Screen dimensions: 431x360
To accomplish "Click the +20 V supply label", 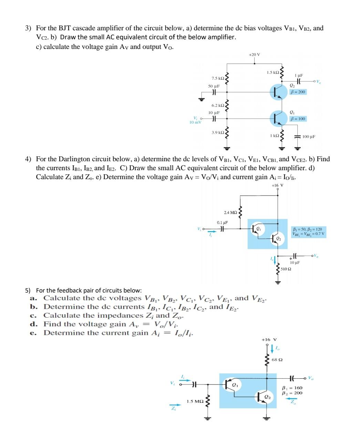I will coord(254,54).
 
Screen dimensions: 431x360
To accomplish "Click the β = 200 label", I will coord(298,92).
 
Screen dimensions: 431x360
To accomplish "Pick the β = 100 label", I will coord(298,119).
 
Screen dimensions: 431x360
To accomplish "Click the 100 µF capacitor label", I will coord(309,137).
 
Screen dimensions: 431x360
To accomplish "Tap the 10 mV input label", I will coord(195,122).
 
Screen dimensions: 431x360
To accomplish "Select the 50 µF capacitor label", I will coord(214,86).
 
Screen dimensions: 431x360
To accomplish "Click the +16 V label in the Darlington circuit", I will coord(277,185).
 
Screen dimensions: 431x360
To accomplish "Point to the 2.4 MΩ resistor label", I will coord(230,213).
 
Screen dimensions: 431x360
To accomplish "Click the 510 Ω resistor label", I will coord(286,269).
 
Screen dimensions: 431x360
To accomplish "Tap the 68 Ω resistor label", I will coord(277,360).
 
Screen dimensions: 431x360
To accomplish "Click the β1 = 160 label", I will coord(292,388).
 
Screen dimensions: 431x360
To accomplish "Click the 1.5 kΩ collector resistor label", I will coord(273,72).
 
